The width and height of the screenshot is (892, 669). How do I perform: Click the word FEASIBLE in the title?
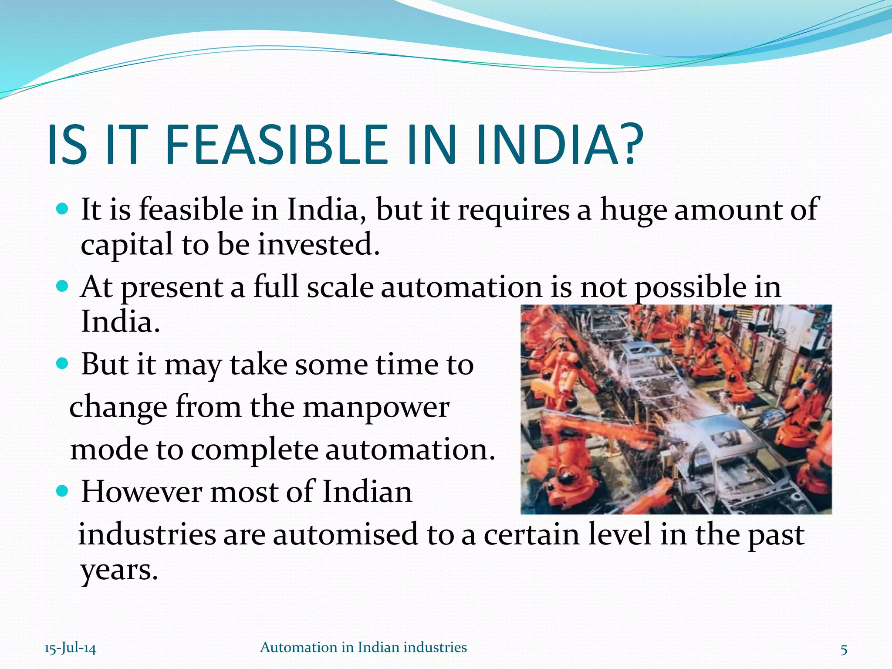click(x=276, y=145)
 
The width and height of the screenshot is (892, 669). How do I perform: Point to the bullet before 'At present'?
click(x=63, y=287)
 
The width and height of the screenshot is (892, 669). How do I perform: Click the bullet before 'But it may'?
click(x=63, y=364)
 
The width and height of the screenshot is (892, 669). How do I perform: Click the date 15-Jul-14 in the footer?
click(x=70, y=649)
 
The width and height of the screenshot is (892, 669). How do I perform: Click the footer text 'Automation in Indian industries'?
click(x=363, y=647)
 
